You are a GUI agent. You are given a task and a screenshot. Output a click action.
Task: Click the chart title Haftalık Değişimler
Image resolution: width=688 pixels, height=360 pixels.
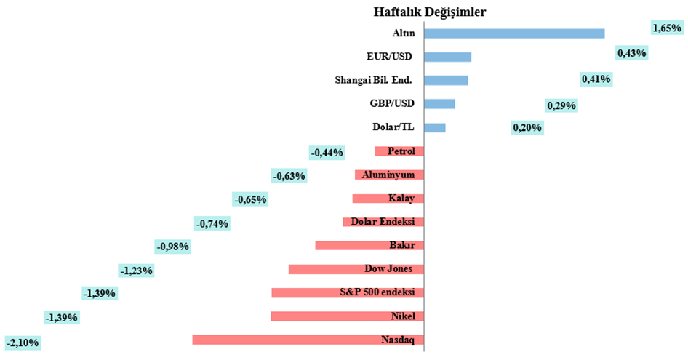point(430,12)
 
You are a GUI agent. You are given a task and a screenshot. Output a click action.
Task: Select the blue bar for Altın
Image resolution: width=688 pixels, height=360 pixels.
point(513,33)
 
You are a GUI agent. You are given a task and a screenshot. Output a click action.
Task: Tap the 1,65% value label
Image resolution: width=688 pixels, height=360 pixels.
point(666,28)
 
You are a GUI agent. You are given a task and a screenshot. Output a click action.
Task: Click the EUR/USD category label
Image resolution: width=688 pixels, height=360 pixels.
point(390,55)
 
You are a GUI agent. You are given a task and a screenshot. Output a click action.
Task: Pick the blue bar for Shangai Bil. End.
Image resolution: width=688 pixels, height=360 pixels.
point(445,80)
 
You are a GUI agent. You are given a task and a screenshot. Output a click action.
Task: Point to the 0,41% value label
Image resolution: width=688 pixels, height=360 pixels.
point(596,79)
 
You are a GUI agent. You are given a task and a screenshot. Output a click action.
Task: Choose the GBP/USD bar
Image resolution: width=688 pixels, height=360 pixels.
point(439,103)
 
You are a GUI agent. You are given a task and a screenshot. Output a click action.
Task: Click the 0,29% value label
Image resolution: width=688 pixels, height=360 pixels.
point(561,106)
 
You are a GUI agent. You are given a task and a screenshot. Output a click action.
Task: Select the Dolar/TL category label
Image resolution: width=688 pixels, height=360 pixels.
point(393,127)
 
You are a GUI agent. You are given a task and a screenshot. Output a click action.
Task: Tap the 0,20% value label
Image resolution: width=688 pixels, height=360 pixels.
point(527,128)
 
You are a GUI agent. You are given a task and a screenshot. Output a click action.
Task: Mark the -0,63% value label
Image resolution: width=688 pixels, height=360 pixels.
point(289,175)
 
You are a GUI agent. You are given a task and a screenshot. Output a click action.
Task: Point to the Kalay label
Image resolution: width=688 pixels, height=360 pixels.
point(401,199)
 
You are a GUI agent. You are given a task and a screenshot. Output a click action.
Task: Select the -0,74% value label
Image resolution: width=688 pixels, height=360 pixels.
point(212,223)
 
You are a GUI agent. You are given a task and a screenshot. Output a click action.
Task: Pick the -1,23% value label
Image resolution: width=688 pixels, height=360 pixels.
point(136,271)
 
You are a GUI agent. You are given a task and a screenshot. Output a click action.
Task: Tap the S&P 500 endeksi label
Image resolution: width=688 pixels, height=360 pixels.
point(377,292)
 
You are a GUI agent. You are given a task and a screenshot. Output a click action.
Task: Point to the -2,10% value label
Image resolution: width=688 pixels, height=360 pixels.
point(23,342)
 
